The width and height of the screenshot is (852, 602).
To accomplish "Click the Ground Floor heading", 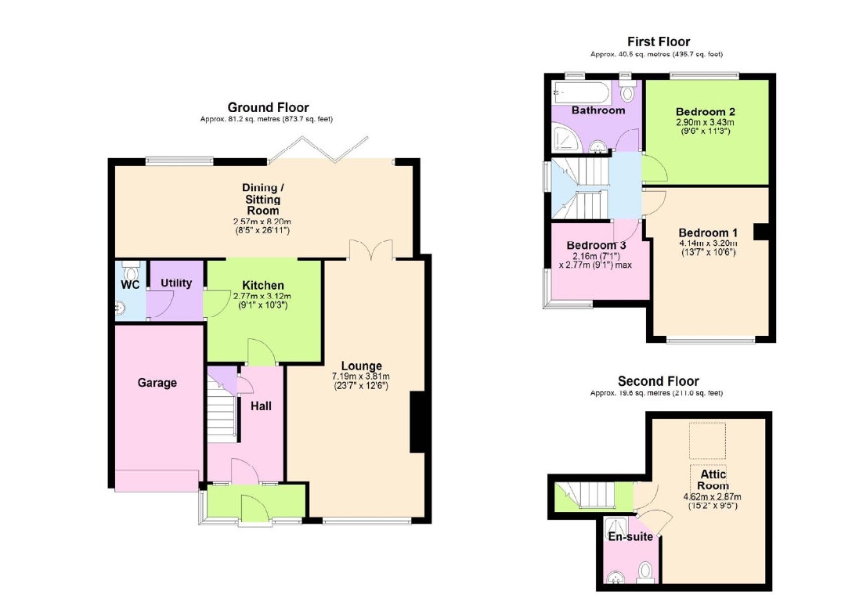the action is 268,107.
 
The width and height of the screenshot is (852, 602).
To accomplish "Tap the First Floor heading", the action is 659,41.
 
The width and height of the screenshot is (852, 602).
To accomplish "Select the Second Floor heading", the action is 658,381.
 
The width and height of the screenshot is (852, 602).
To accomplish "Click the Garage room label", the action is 157,383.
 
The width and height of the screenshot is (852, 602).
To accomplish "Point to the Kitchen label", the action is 263,285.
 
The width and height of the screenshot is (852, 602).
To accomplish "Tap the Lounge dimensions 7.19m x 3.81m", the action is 361,376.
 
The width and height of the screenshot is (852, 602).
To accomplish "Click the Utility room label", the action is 176,283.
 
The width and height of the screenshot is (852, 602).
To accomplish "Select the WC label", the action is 131,285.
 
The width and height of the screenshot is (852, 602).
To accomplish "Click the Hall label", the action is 261,406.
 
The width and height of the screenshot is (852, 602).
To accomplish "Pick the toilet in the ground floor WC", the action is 132,270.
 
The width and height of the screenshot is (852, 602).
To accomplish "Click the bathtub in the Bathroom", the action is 581,92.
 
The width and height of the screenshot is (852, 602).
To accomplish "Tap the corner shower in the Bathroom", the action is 565,139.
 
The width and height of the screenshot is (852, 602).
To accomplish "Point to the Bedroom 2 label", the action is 706,112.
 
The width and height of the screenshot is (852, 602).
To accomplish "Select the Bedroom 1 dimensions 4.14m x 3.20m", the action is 708,243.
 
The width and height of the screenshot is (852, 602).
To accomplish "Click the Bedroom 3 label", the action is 596,246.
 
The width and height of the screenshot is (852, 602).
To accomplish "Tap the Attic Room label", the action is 713,480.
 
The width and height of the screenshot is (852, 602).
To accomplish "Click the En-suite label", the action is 630,537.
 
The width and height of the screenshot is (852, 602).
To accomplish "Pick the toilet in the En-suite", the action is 645,572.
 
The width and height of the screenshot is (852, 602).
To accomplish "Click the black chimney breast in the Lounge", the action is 417,422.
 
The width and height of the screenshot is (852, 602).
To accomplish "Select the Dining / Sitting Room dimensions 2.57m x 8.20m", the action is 262,222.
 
